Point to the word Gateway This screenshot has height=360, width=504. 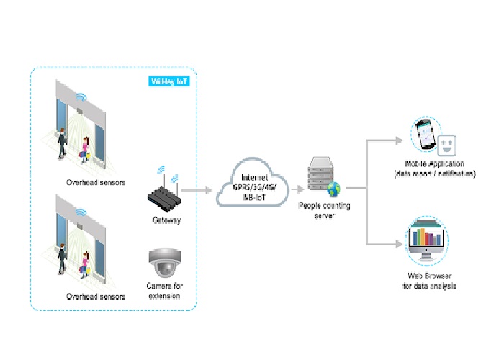[x=166, y=220]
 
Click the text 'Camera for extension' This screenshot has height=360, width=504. [x=166, y=290]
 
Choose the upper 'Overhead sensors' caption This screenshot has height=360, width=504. [x=96, y=183]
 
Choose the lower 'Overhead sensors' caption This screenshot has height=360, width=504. [x=96, y=296]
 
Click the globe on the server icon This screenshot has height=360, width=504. [x=333, y=189]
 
